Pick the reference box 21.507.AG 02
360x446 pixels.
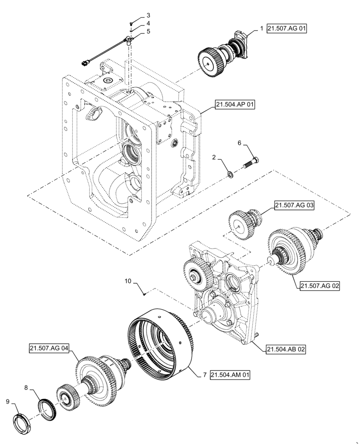click(319, 286)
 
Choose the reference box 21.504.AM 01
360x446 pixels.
click(230, 375)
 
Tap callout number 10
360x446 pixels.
click(128, 281)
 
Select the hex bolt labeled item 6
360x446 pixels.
click(252, 163)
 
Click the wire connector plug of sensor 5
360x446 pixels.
click(85, 64)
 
